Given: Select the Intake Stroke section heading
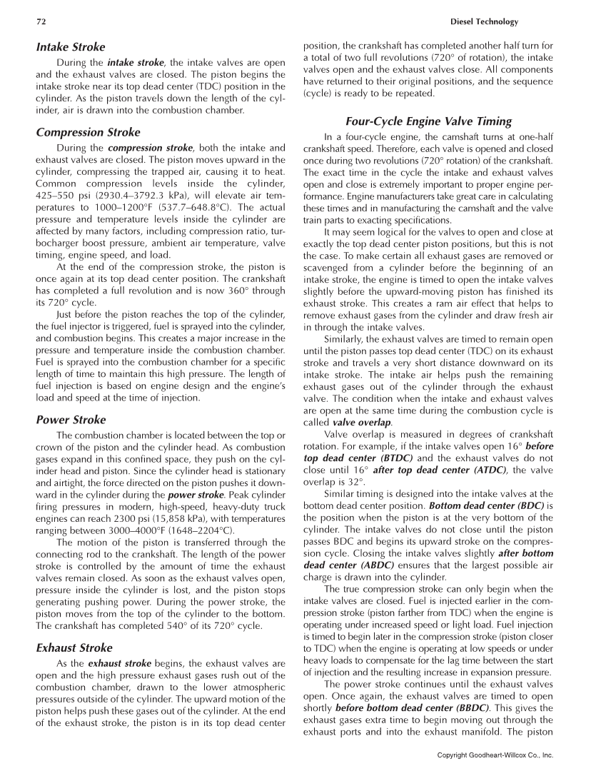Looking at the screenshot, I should (x=71, y=47).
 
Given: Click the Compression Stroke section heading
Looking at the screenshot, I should (x=88, y=132).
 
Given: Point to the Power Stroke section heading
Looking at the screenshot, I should (x=71, y=420).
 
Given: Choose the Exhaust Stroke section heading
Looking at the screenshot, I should (x=74, y=647).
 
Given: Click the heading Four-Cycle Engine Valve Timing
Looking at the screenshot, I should (x=428, y=121).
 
